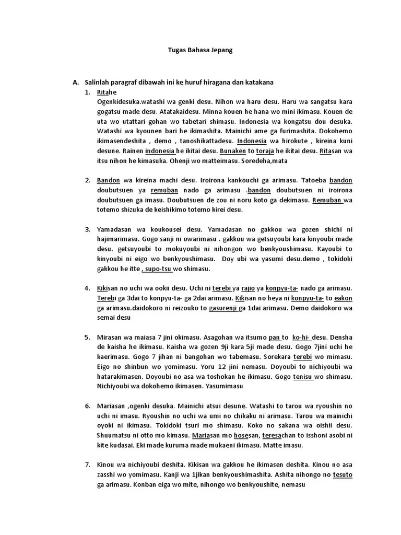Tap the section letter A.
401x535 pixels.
pos(75,83)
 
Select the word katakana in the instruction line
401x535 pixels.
pos(258,83)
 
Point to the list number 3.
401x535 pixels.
pos(87,229)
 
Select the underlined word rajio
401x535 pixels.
pos(248,288)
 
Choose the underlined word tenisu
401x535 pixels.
pos(302,377)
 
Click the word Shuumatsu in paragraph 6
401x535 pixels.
pos(113,435)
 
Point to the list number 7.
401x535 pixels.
pos(87,464)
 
